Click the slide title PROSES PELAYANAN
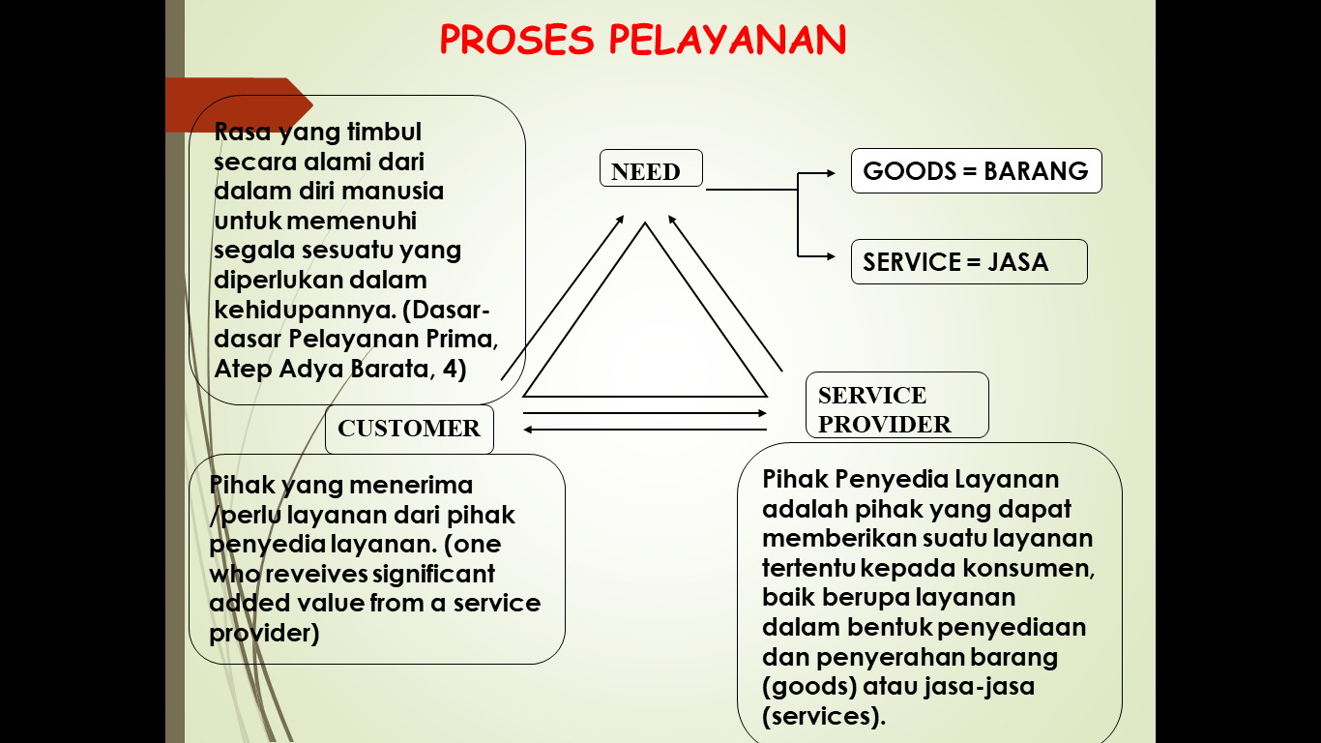pos(643,41)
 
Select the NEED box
pos(651,171)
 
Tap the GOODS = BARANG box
pos(976,171)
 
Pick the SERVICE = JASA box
pos(968,262)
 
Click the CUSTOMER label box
pos(409,429)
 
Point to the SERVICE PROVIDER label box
pos(896,405)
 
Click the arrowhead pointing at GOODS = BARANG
pos(830,173)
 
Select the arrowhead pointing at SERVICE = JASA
pos(830,256)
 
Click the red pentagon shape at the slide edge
pos(238,104)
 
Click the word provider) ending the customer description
pos(264,633)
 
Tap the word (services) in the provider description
pos(824,716)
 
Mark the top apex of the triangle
pos(645,223)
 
